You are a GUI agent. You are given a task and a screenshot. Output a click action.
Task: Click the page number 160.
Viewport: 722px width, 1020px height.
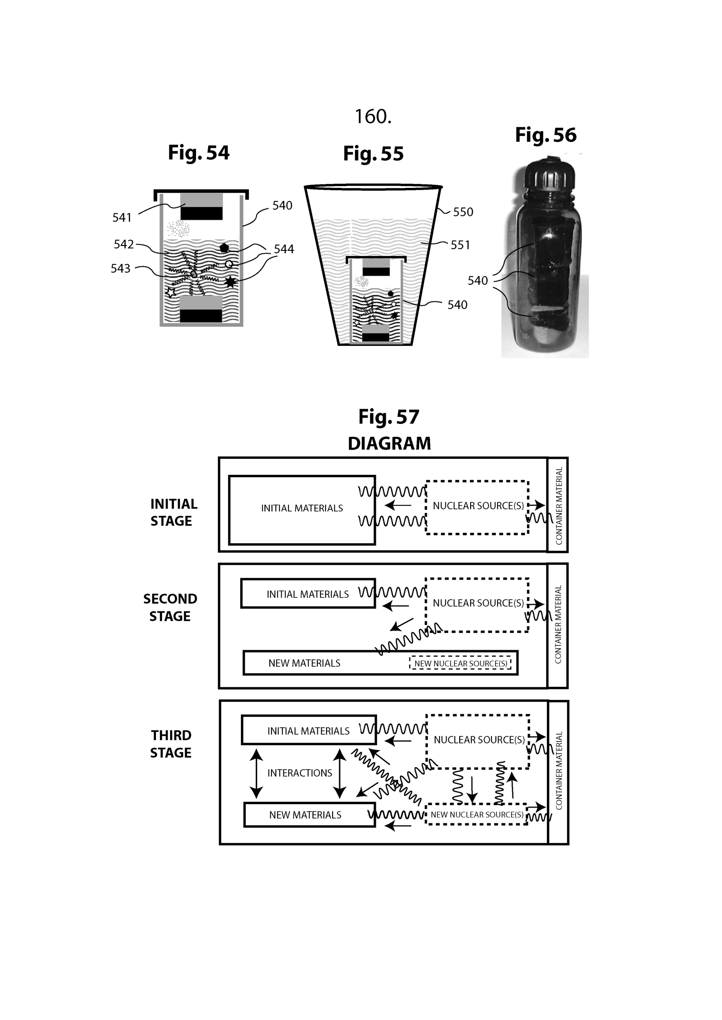pyautogui.click(x=372, y=117)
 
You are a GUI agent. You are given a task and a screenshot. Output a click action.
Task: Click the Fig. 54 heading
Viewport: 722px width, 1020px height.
pyautogui.click(x=198, y=153)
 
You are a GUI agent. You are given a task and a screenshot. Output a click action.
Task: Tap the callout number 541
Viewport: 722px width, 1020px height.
pyautogui.click(x=122, y=218)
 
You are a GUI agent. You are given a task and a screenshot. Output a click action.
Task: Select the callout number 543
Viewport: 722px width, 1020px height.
pyautogui.click(x=120, y=268)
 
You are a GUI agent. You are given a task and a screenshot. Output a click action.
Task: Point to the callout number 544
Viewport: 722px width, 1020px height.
pyautogui.click(x=284, y=249)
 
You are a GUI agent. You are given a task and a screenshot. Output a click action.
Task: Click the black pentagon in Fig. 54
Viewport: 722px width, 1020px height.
pyautogui.click(x=223, y=248)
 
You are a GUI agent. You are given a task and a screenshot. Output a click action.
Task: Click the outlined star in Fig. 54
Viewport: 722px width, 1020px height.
pyautogui.click(x=171, y=292)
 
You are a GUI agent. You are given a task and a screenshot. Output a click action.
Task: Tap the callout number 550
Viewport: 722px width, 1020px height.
pyautogui.click(x=463, y=212)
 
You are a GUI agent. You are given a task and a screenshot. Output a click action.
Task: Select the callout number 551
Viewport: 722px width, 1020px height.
pyautogui.click(x=460, y=245)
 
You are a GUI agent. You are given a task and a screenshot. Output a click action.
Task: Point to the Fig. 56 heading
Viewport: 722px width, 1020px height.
pyautogui.click(x=546, y=135)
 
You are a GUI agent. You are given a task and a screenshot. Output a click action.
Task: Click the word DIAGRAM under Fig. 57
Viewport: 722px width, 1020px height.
pyautogui.click(x=389, y=443)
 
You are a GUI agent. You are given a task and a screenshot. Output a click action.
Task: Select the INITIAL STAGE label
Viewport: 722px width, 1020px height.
pyautogui.click(x=173, y=512)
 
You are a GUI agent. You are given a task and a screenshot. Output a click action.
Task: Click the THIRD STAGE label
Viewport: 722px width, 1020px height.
pyautogui.click(x=171, y=744)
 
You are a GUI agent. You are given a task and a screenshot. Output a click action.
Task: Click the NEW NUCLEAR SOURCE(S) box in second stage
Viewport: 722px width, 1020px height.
pyautogui.click(x=460, y=663)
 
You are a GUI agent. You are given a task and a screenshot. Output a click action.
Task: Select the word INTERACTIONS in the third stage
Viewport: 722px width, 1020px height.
pyautogui.click(x=299, y=773)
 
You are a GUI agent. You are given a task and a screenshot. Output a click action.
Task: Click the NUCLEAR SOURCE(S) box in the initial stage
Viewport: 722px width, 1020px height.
pyautogui.click(x=477, y=507)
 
